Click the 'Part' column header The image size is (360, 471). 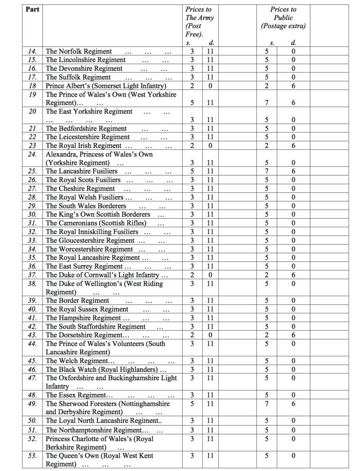point(32,9)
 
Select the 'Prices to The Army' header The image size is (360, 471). point(200,22)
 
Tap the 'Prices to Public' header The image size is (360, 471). point(283,18)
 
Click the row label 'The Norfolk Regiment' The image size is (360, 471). point(79,51)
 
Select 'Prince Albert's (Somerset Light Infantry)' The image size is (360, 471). point(106,86)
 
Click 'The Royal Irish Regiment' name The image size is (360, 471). point(84,146)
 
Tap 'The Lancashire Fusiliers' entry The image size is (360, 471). point(82,172)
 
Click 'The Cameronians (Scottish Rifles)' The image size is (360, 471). point(96,223)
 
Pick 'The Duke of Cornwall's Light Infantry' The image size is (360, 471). point(103,275)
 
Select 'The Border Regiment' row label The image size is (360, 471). point(77,301)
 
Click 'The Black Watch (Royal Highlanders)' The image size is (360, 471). point(102,369)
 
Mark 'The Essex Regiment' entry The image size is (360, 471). point(76,395)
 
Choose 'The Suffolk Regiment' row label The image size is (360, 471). point(78,77)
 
